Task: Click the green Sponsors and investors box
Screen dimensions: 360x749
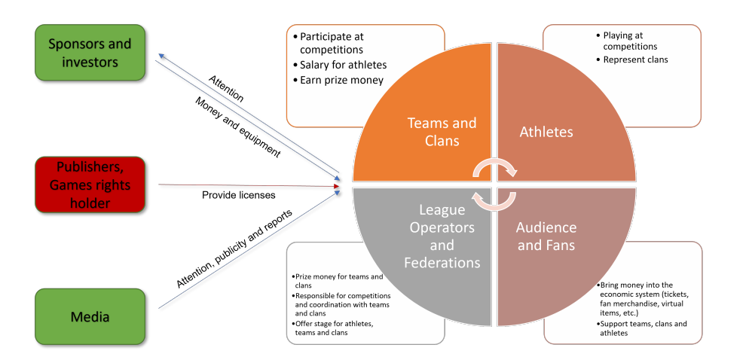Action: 90,53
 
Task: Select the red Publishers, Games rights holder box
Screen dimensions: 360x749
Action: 90,184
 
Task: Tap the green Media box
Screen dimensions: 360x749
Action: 90,316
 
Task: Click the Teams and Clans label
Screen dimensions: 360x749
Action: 442,131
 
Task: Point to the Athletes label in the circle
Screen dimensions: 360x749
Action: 546,132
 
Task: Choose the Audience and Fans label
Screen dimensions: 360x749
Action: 546,236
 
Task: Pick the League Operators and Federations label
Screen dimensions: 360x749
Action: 442,236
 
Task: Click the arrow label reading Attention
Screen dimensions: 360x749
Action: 226,87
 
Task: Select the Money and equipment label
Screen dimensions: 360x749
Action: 237,127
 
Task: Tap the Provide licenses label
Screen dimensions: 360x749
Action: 238,195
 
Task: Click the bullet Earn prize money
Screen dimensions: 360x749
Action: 341,80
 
